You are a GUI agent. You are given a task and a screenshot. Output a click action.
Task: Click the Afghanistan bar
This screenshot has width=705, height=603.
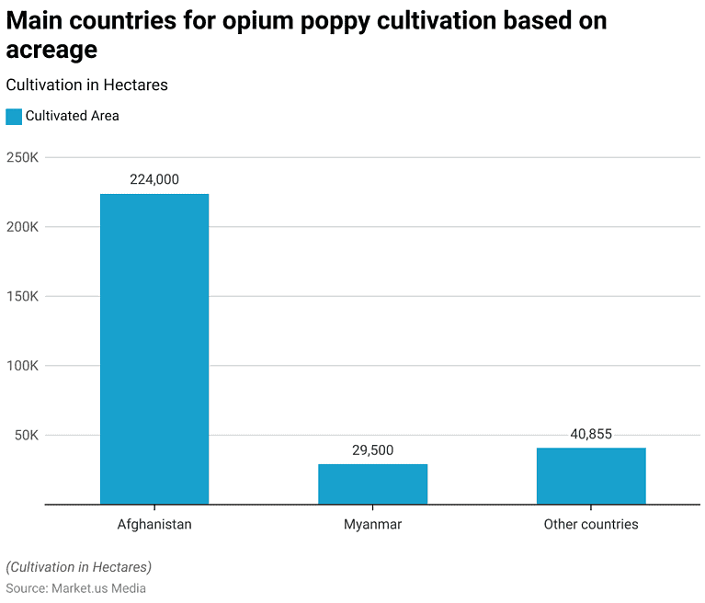[154, 348]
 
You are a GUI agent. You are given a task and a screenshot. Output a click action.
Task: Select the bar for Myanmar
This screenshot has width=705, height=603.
[372, 484]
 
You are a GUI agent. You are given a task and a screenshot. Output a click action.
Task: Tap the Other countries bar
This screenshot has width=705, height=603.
[591, 475]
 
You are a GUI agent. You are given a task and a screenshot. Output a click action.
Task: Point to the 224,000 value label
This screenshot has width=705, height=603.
[154, 180]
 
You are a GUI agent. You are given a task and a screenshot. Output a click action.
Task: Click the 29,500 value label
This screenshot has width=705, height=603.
[372, 450]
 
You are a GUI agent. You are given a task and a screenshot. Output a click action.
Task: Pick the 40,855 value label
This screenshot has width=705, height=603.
[591, 435]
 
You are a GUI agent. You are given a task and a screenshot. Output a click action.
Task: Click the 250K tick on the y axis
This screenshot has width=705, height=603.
[22, 157]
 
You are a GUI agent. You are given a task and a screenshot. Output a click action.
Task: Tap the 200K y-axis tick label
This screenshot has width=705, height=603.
[22, 227]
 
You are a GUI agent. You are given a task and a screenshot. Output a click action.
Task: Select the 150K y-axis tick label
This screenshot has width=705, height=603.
[22, 296]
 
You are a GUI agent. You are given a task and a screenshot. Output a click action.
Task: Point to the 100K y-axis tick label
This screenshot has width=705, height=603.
[22, 366]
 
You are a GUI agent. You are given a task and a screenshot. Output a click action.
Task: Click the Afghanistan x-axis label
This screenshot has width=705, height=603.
[154, 525]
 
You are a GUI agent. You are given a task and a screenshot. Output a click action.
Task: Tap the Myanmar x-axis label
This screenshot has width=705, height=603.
[372, 525]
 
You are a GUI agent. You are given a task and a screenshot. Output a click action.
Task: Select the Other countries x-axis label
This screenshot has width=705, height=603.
[591, 525]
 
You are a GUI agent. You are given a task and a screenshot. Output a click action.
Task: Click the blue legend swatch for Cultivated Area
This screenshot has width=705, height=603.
[14, 117]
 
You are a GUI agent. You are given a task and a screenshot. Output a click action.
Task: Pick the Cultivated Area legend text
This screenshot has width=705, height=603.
[73, 117]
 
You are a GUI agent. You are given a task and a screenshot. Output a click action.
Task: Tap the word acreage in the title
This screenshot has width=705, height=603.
[51, 51]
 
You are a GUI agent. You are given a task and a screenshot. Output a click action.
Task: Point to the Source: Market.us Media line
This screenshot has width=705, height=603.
[76, 588]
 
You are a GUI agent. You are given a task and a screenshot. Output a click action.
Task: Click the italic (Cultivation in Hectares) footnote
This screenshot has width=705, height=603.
[79, 567]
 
